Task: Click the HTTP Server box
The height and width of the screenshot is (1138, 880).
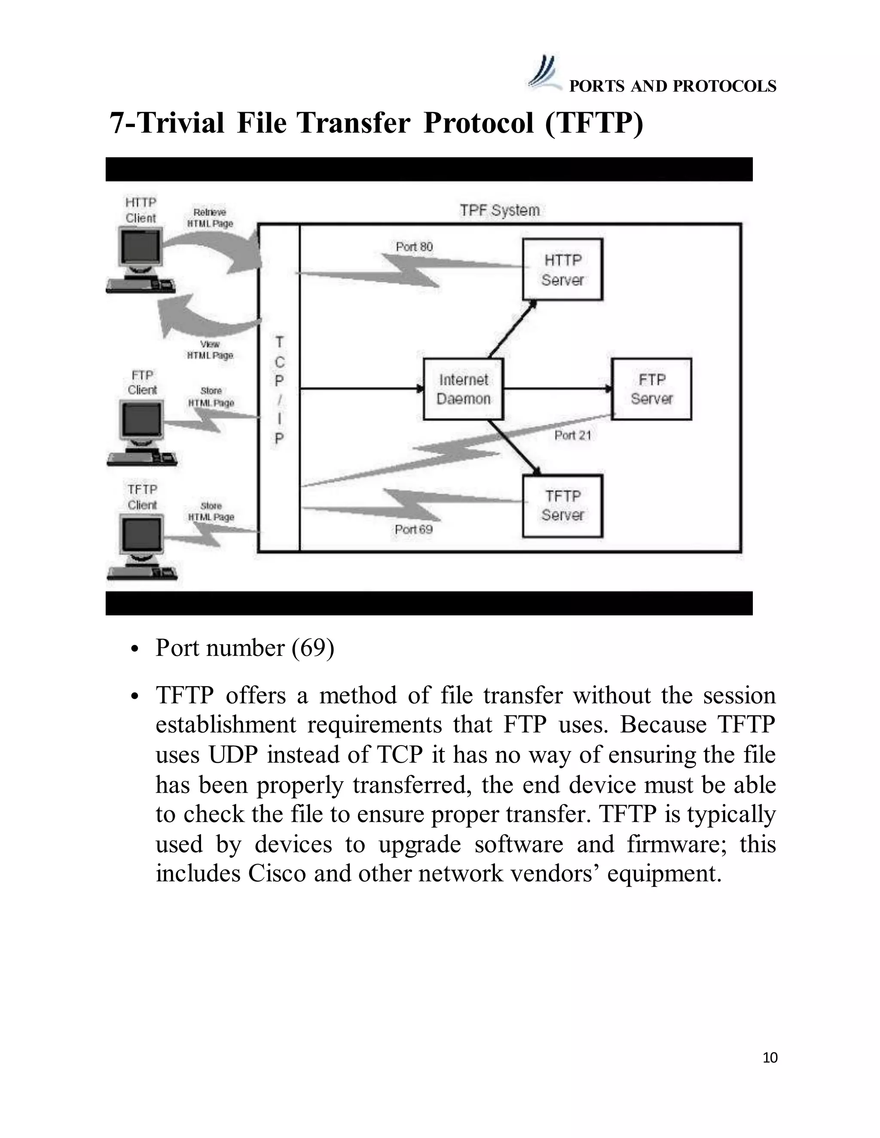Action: [562, 269]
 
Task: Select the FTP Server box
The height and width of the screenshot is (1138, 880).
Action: [651, 389]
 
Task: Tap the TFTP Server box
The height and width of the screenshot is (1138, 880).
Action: [562, 505]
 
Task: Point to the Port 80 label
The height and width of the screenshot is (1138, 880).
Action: [414, 246]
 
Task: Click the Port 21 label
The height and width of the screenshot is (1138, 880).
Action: [572, 435]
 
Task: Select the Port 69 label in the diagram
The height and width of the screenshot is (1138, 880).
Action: [413, 529]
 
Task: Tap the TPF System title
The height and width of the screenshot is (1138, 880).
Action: [499, 210]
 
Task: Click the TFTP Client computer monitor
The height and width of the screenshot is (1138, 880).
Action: [141, 536]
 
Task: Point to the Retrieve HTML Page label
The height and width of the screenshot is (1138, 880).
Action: [210, 218]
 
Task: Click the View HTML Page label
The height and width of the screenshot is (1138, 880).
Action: [210, 350]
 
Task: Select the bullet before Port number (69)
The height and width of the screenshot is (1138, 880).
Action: [135, 650]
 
